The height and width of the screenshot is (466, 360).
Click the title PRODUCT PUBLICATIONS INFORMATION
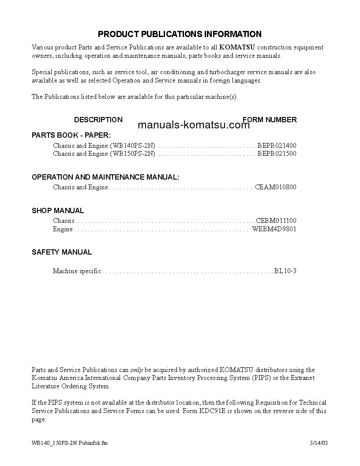[180, 34]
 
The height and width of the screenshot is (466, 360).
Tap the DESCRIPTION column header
[98, 120]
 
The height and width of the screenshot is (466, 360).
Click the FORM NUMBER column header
[270, 120]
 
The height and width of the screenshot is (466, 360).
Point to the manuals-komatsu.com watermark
[194, 125]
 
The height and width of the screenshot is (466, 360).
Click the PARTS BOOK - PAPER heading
[71, 135]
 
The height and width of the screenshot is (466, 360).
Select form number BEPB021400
[277, 145]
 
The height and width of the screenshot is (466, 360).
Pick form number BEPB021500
[277, 154]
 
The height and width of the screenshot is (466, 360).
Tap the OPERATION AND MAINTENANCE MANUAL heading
[105, 177]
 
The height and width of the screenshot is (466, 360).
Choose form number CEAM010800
[276, 187]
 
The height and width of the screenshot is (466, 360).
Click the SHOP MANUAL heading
[58, 210]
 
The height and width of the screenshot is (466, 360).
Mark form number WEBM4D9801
[274, 229]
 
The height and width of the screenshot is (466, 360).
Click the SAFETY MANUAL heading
[62, 252]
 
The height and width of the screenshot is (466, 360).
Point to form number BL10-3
[285, 271]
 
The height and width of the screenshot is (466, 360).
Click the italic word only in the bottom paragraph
[136, 370]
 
